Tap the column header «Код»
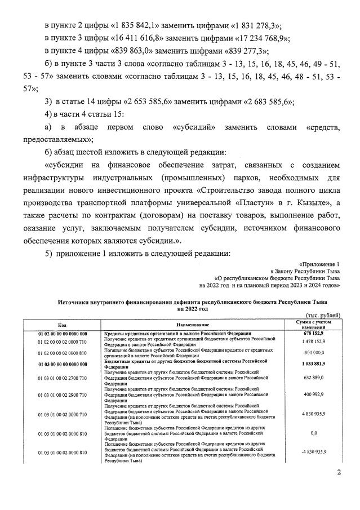tap(61, 325)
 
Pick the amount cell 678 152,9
tap(314, 334)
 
